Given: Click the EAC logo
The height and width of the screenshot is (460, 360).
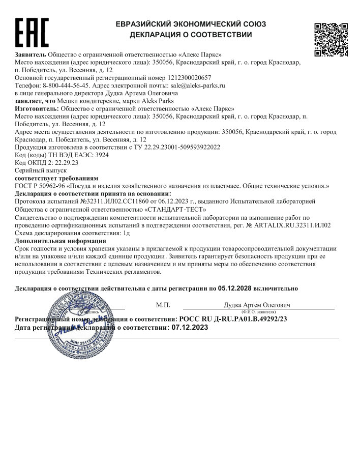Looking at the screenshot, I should coord(32,33).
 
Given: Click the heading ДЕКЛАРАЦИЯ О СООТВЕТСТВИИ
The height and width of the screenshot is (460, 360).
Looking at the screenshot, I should coord(191,35).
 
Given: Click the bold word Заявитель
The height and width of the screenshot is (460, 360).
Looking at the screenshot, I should coord(31,54).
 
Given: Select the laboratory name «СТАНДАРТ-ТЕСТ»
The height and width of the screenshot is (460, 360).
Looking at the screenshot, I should coord(177,209).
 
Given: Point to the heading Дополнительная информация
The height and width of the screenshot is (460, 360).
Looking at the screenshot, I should coord(61,240).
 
